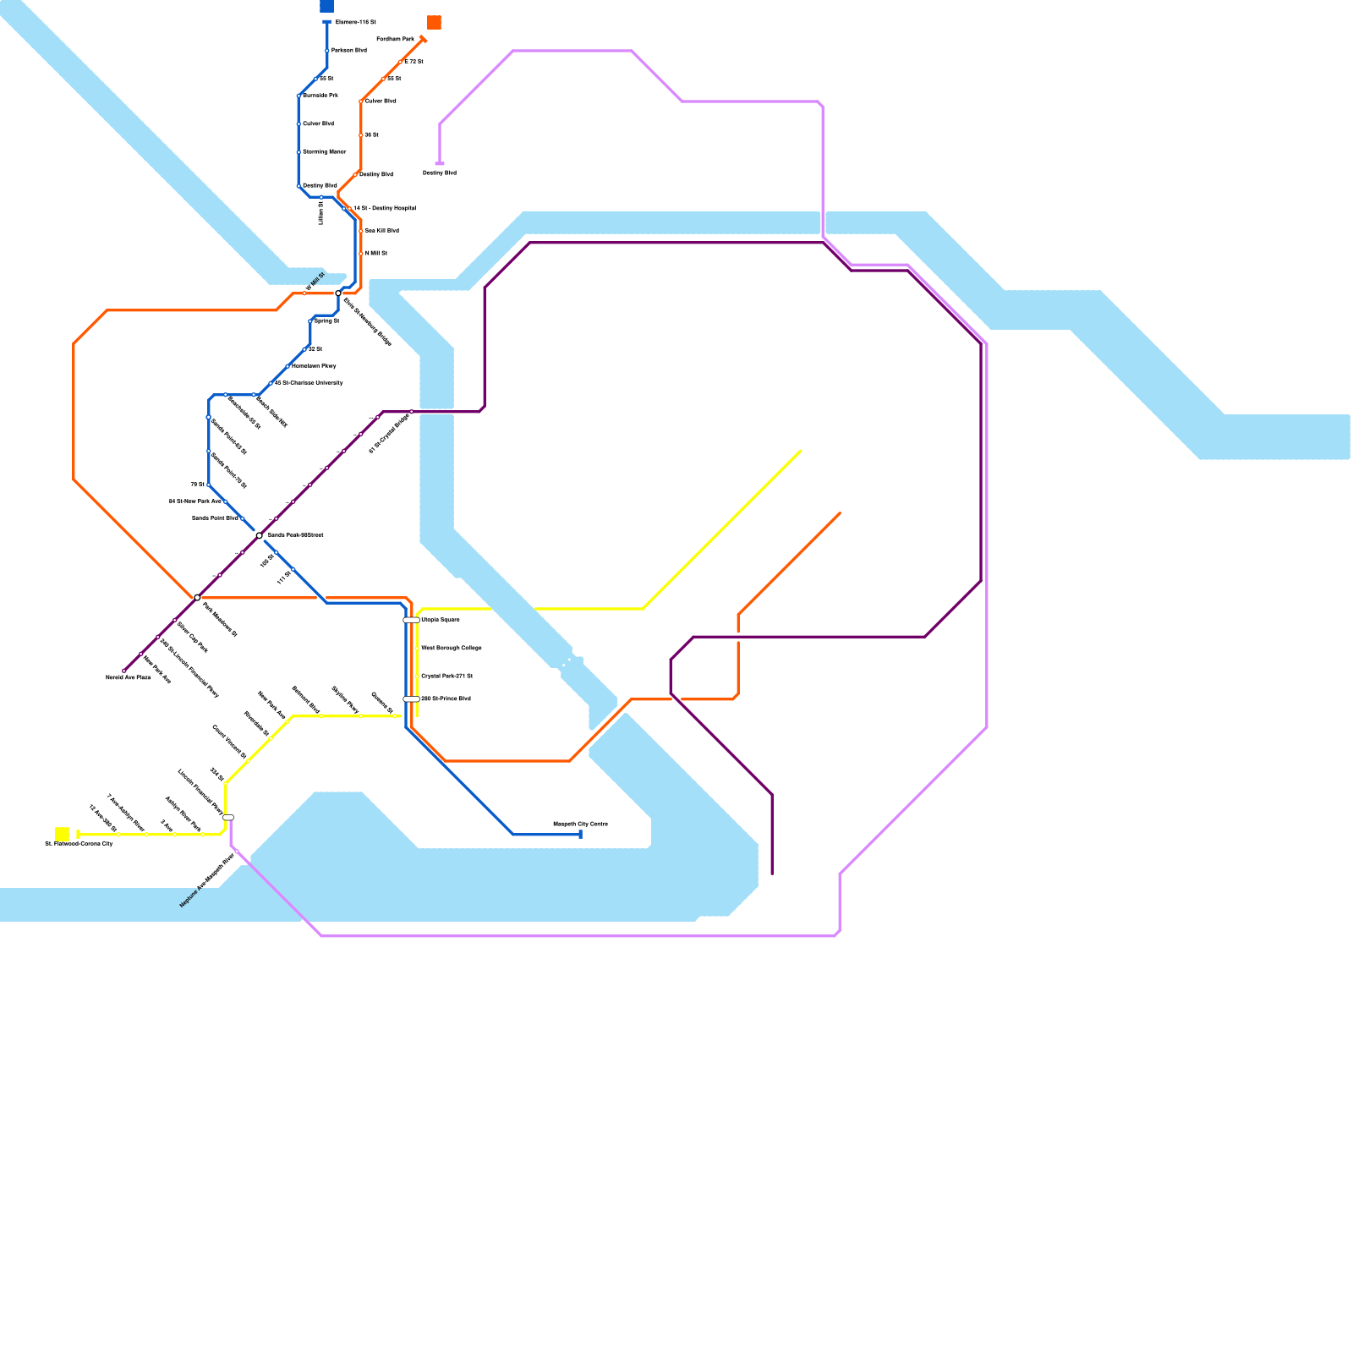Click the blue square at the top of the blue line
(x=326, y=6)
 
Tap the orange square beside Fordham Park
(x=434, y=22)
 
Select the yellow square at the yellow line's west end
(x=62, y=834)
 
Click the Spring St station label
(x=326, y=321)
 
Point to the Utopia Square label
(x=441, y=620)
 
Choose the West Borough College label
(x=452, y=648)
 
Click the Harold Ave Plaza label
(x=128, y=678)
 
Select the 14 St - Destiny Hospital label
(x=385, y=208)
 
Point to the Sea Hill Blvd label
(x=381, y=230)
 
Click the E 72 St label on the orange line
(x=414, y=62)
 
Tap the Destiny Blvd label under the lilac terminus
(x=440, y=173)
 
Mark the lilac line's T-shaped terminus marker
(x=440, y=163)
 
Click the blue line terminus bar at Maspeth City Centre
(x=580, y=835)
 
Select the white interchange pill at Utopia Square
(x=411, y=620)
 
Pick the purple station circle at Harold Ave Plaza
(x=124, y=671)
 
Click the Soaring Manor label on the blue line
(x=324, y=151)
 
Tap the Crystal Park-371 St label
(x=446, y=676)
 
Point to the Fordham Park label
(x=395, y=39)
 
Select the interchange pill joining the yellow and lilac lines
(x=228, y=817)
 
